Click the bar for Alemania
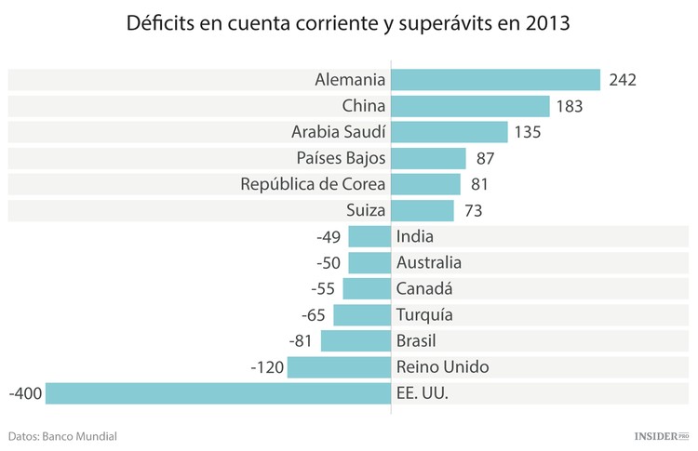495,80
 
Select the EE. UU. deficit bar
218,393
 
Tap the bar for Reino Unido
339,367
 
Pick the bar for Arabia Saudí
449,132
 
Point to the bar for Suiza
422,210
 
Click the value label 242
622,80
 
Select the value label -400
25,393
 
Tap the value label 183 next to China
569,106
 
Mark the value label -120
267,367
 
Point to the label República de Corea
313,184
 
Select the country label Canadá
424,288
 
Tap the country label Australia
428,262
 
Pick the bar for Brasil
356,341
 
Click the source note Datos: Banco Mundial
62,435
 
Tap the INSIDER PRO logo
655,435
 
